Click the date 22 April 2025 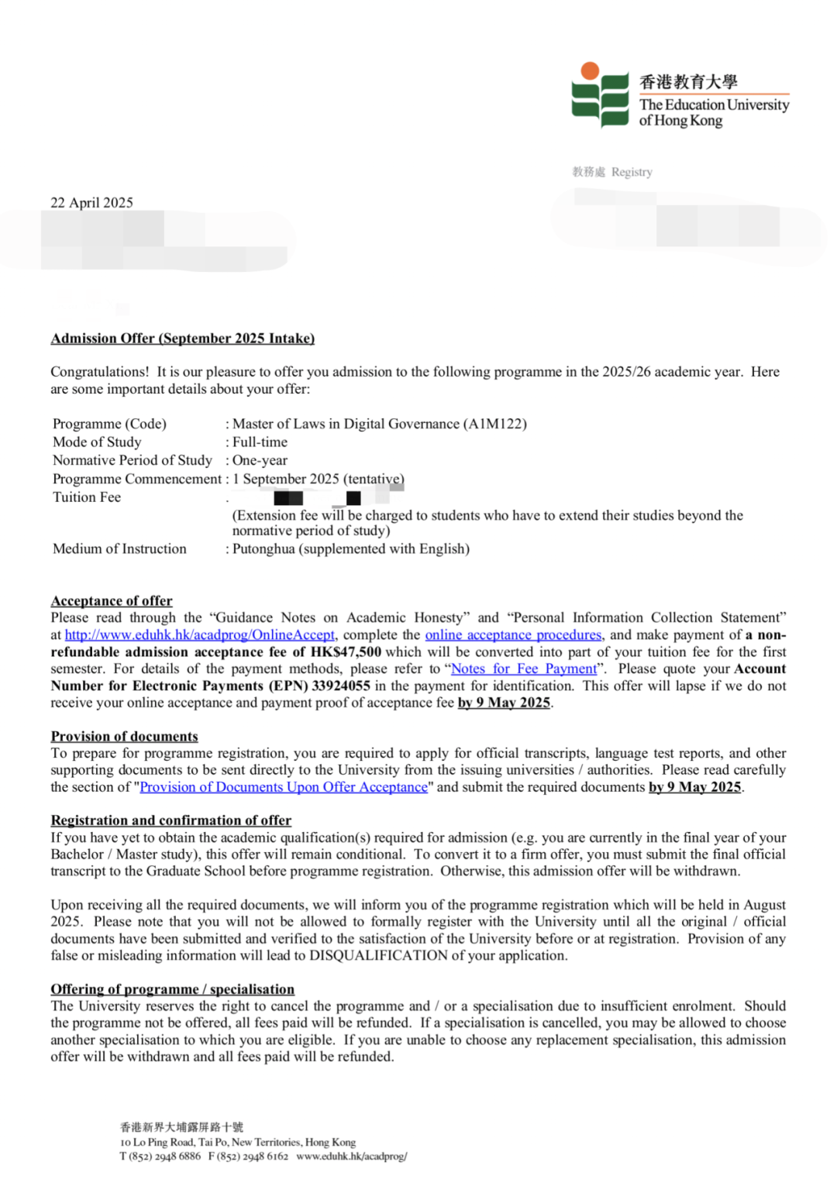click(91, 203)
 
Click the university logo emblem click(600, 95)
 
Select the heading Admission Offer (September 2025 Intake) click(182, 339)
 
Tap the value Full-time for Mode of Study click(260, 442)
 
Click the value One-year click(260, 460)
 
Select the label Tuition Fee click(87, 497)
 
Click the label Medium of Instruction click(119, 549)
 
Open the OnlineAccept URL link click(200, 635)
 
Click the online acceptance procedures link click(513, 635)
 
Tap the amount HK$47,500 click(346, 652)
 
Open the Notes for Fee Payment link click(524, 669)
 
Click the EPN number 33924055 click(341, 686)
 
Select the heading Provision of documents click(124, 737)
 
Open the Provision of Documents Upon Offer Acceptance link click(284, 788)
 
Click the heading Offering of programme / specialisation click(172, 990)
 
